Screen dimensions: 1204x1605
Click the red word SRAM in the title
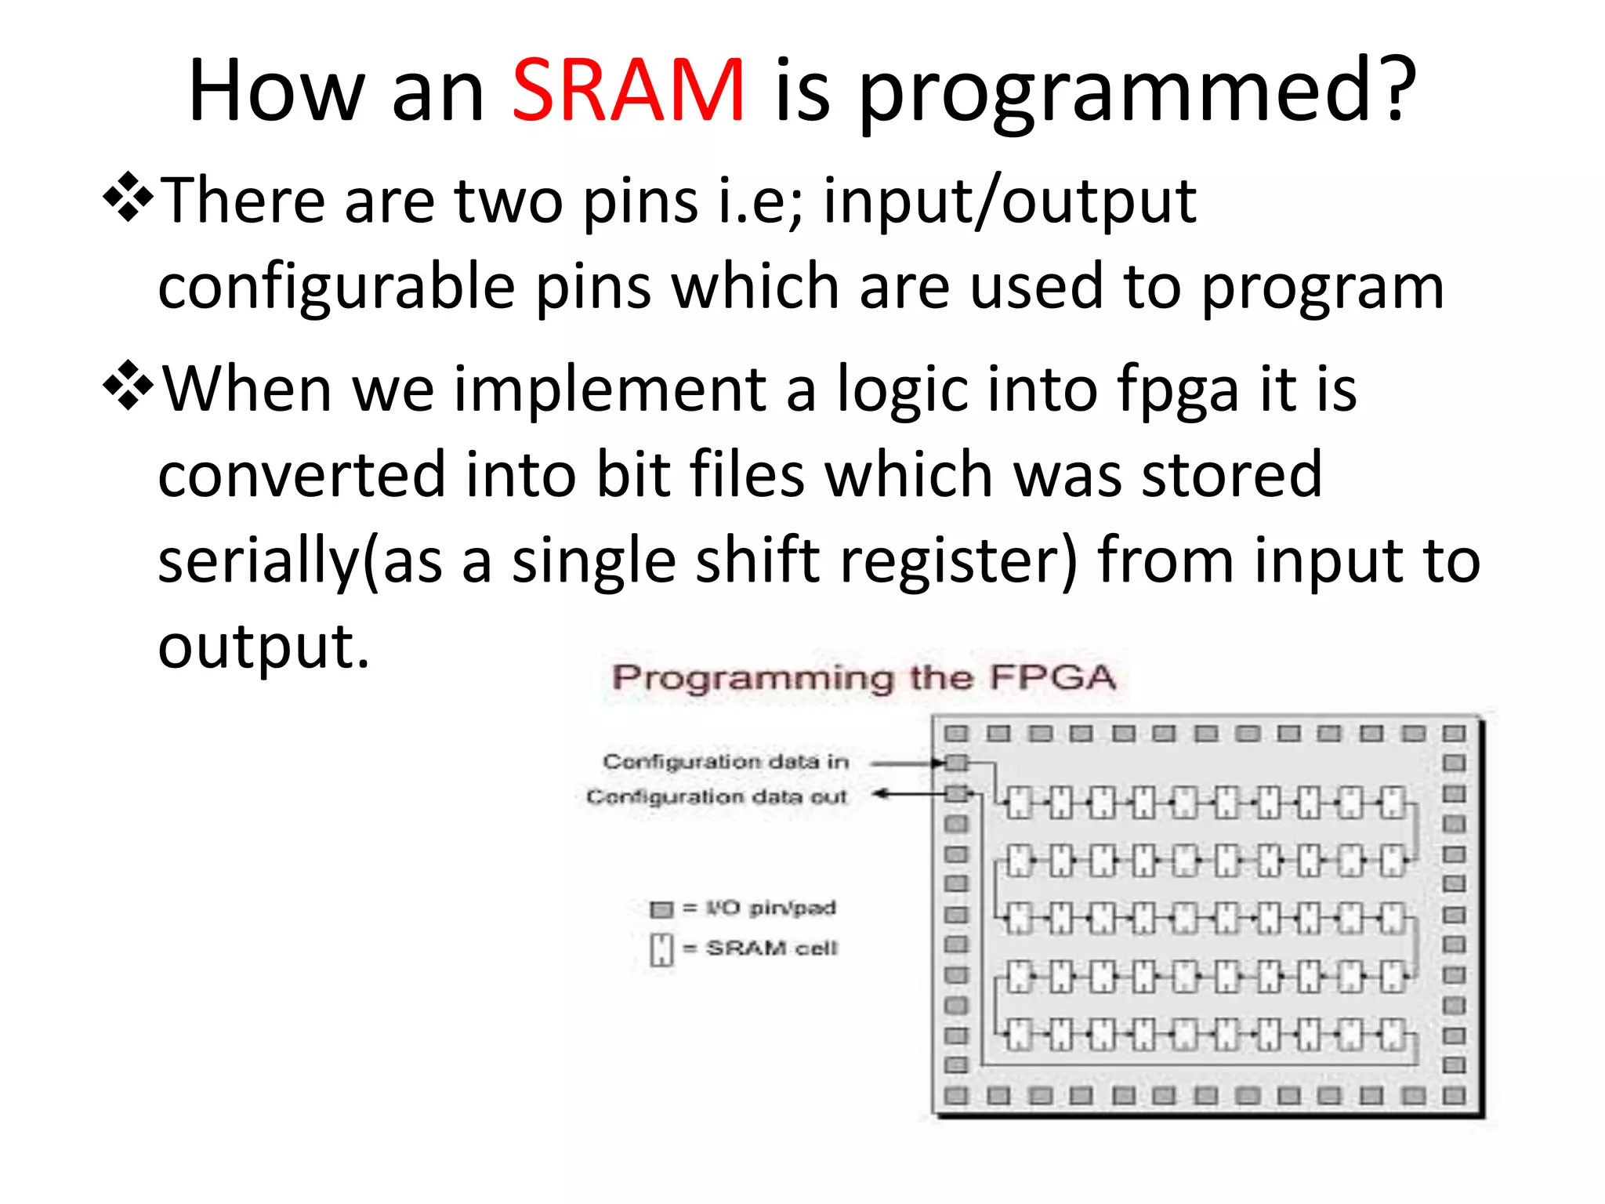click(x=627, y=92)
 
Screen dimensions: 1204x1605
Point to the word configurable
click(x=336, y=288)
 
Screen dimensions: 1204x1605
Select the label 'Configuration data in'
click(x=726, y=761)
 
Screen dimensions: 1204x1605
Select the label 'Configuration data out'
click(x=717, y=796)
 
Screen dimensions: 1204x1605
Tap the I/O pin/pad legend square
click(x=661, y=909)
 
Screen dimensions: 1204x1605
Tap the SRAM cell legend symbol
click(x=661, y=949)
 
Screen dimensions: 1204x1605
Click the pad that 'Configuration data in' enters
click(x=956, y=763)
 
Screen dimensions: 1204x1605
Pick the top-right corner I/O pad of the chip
click(x=1454, y=734)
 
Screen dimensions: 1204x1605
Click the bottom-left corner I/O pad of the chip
click(x=956, y=1096)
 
